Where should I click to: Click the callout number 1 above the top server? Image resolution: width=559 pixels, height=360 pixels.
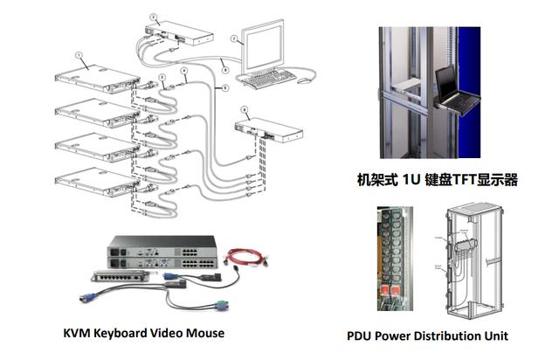[x=79, y=54]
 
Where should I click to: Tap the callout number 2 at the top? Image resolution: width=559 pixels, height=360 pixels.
[x=152, y=16]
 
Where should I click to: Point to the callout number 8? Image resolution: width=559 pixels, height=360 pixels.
[x=245, y=109]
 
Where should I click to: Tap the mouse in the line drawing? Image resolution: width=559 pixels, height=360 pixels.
[x=305, y=80]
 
